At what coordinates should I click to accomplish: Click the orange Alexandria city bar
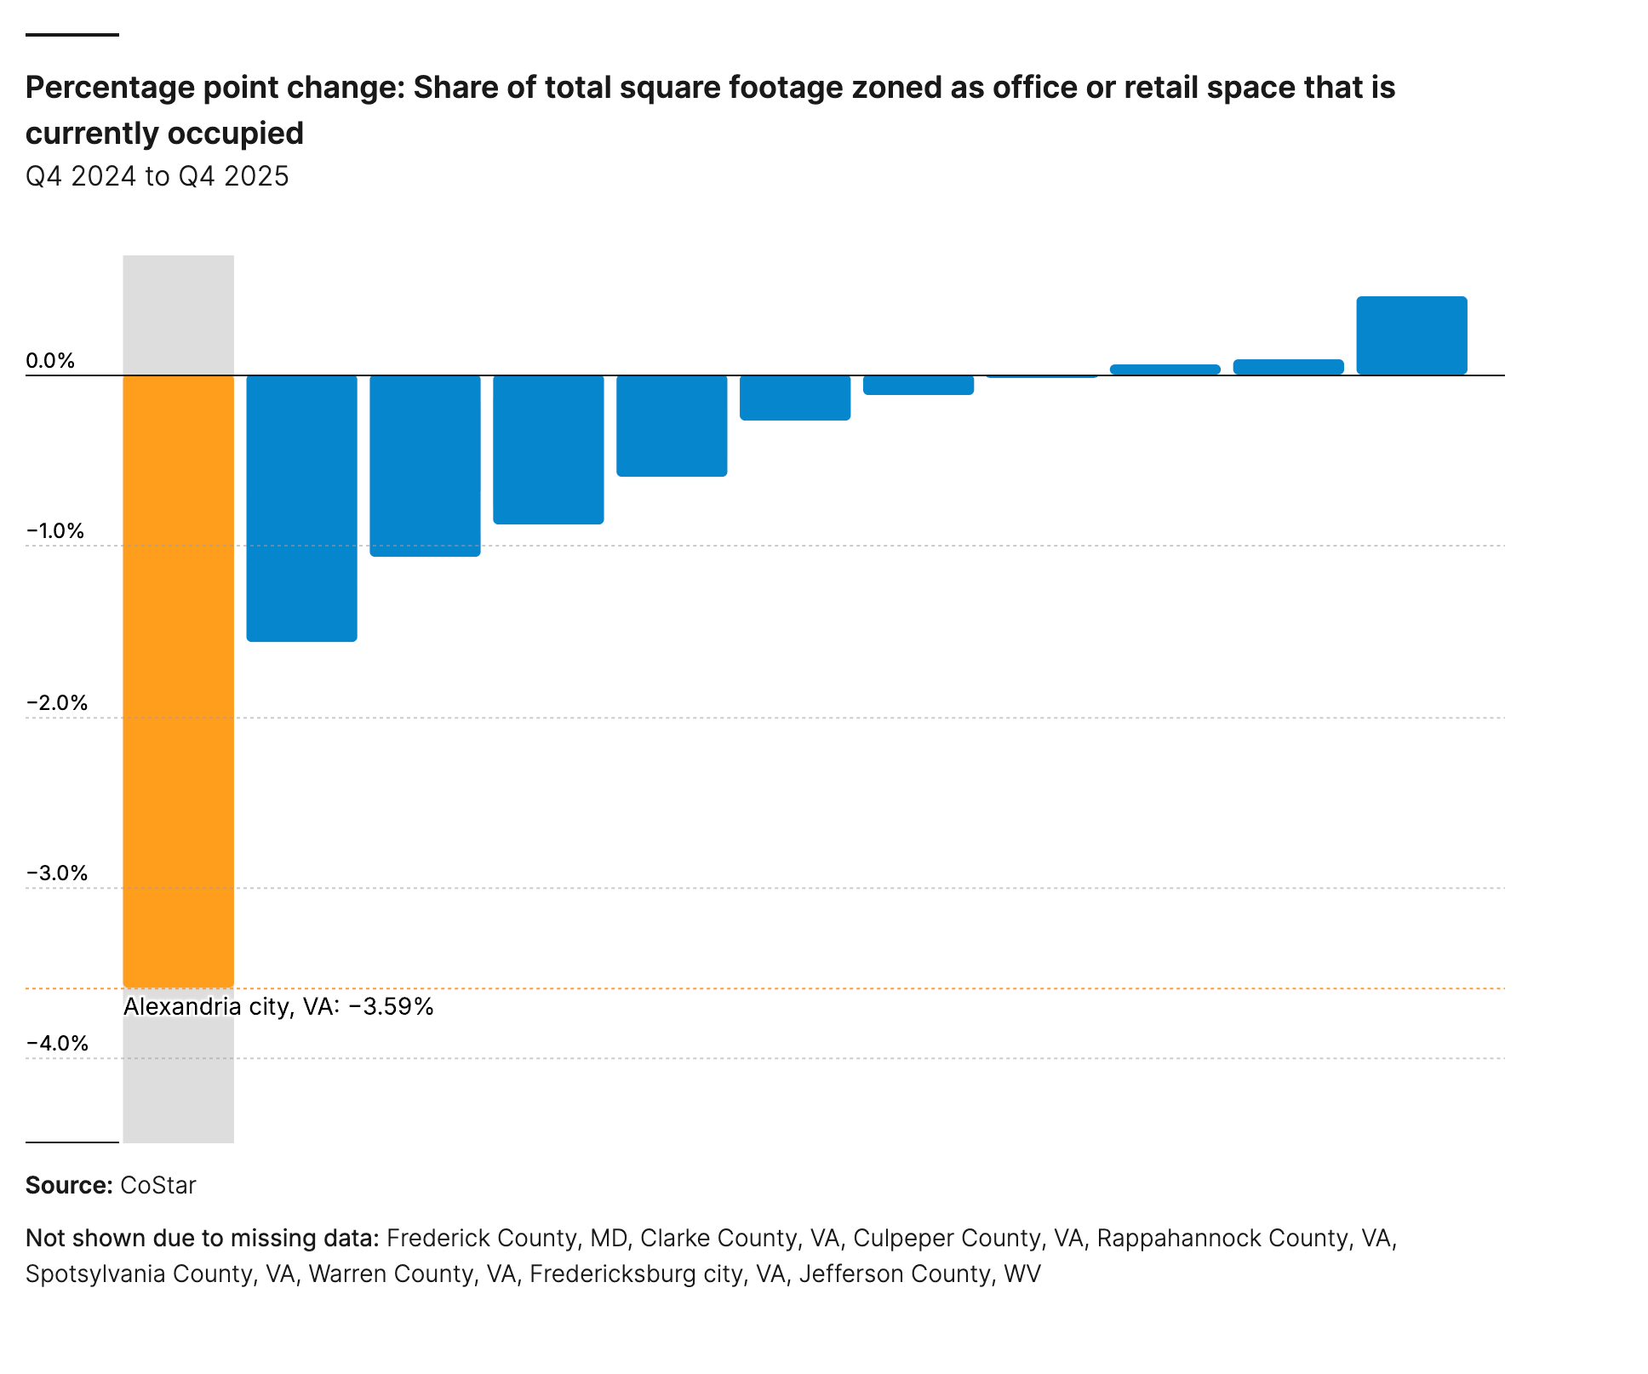178,681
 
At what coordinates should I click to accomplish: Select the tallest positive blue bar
1411,335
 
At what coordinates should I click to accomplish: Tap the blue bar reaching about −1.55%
301,508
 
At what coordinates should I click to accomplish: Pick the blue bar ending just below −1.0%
425,466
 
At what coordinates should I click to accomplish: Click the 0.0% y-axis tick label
50,360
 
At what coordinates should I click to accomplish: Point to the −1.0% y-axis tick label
55,531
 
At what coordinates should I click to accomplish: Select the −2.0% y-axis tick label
57,702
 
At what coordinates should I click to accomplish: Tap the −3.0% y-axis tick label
57,873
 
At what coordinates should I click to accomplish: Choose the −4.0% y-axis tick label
57,1043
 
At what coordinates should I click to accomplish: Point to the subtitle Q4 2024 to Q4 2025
157,176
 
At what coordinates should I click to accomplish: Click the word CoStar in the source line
158,1185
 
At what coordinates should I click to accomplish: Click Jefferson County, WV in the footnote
919,1274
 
